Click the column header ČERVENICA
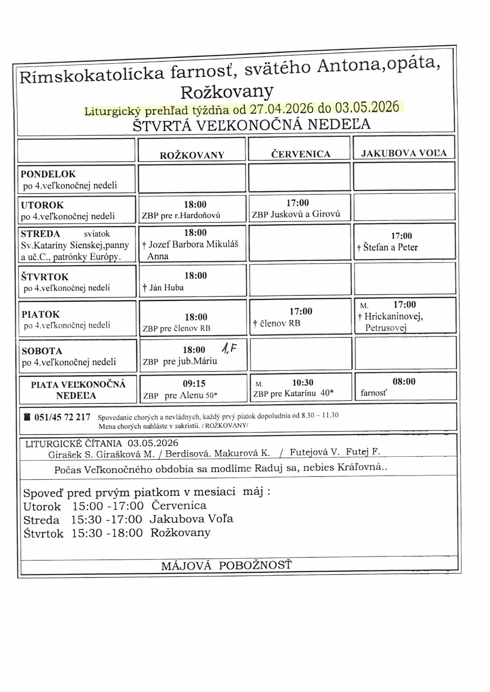click(x=301, y=154)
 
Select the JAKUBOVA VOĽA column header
click(x=403, y=154)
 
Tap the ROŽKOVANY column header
click(x=192, y=155)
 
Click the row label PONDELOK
click(x=48, y=174)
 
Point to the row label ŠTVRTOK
click(x=45, y=277)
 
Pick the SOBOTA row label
click(x=42, y=351)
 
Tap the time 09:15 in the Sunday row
click(x=194, y=384)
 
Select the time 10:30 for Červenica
click(x=302, y=383)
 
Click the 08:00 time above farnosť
click(x=404, y=382)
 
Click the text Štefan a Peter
click(x=390, y=247)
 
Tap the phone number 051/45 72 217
click(x=62, y=417)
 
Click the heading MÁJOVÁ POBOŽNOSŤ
click(x=226, y=566)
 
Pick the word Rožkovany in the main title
click(x=227, y=91)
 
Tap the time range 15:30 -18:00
click(x=107, y=533)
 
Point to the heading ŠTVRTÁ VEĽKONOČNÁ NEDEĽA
click(x=251, y=125)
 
